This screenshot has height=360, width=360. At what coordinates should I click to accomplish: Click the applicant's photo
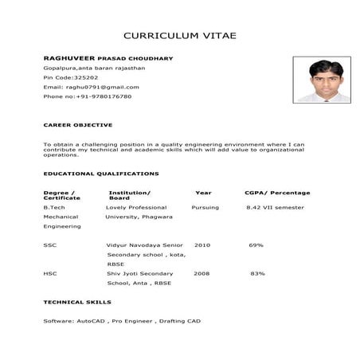pyautogui.click(x=321, y=79)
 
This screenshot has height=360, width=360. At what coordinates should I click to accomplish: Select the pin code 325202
pyautogui.click(x=86, y=77)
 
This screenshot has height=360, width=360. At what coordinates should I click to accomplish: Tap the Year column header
pyautogui.click(x=203, y=193)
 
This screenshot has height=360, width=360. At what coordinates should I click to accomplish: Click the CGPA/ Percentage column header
pyautogui.click(x=277, y=193)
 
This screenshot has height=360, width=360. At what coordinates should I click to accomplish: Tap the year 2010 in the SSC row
pyautogui.click(x=202, y=245)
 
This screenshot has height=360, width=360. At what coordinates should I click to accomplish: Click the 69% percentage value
pyautogui.click(x=256, y=245)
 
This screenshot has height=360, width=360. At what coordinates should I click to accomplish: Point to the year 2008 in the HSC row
pyautogui.click(x=202, y=273)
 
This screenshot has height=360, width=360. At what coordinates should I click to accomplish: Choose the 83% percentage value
pyautogui.click(x=257, y=273)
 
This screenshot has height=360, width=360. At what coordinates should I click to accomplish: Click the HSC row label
pyautogui.click(x=50, y=273)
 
